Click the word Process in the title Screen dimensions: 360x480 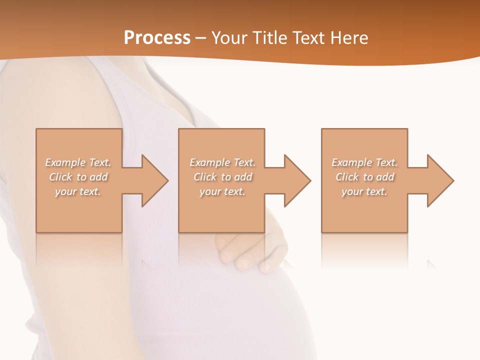tap(157, 38)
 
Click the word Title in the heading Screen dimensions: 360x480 tap(268, 38)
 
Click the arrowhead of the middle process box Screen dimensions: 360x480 tap(296, 180)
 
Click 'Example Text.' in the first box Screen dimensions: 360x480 tap(78, 162)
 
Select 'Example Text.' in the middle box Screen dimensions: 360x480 tap(222, 162)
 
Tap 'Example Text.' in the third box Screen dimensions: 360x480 tap(364, 162)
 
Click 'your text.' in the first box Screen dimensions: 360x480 tap(78, 191)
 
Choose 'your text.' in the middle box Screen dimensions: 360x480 tap(222, 191)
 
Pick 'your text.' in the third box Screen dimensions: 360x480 tap(364, 191)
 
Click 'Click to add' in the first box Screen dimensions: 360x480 tap(78, 177)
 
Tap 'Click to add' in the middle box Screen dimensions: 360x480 tap(222, 177)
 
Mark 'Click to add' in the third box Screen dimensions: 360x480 tap(364, 177)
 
